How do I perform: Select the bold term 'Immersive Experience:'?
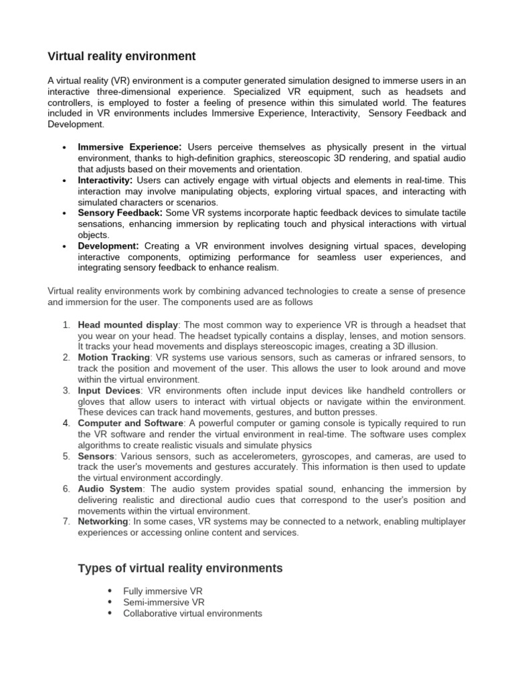[130, 146]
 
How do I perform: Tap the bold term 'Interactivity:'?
[105, 181]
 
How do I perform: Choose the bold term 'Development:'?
[108, 246]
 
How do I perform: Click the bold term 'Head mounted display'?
[127, 324]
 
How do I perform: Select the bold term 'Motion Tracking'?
[114, 357]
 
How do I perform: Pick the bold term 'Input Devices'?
[109, 390]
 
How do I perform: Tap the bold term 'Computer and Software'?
[131, 423]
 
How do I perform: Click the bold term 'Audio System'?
[110, 488]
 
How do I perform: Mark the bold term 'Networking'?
[103, 521]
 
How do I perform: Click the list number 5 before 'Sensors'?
[66, 456]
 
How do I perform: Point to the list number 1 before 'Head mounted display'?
[66, 324]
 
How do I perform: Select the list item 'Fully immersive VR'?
[163, 591]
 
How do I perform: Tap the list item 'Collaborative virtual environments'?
[193, 613]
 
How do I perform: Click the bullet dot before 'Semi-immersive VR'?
[110, 603]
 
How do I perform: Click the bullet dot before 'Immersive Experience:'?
[63, 147]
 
